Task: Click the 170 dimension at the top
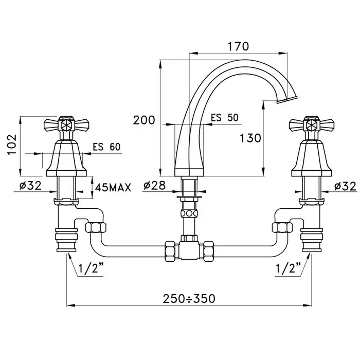click(238, 46)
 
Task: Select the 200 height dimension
click(144, 120)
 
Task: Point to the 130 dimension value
click(250, 138)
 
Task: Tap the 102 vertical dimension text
click(12, 145)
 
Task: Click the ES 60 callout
click(106, 147)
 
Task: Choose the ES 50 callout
click(225, 118)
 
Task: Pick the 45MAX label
click(113, 188)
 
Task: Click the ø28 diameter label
click(154, 185)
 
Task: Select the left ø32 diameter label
click(30, 185)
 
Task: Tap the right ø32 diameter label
click(346, 186)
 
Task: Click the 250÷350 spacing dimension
click(189, 299)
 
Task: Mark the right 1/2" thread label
click(288, 268)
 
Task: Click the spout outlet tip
click(287, 100)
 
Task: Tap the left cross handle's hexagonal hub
click(66, 125)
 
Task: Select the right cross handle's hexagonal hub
click(312, 125)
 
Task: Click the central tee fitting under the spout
click(189, 250)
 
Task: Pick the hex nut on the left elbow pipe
click(96, 227)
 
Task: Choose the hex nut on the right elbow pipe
click(282, 227)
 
